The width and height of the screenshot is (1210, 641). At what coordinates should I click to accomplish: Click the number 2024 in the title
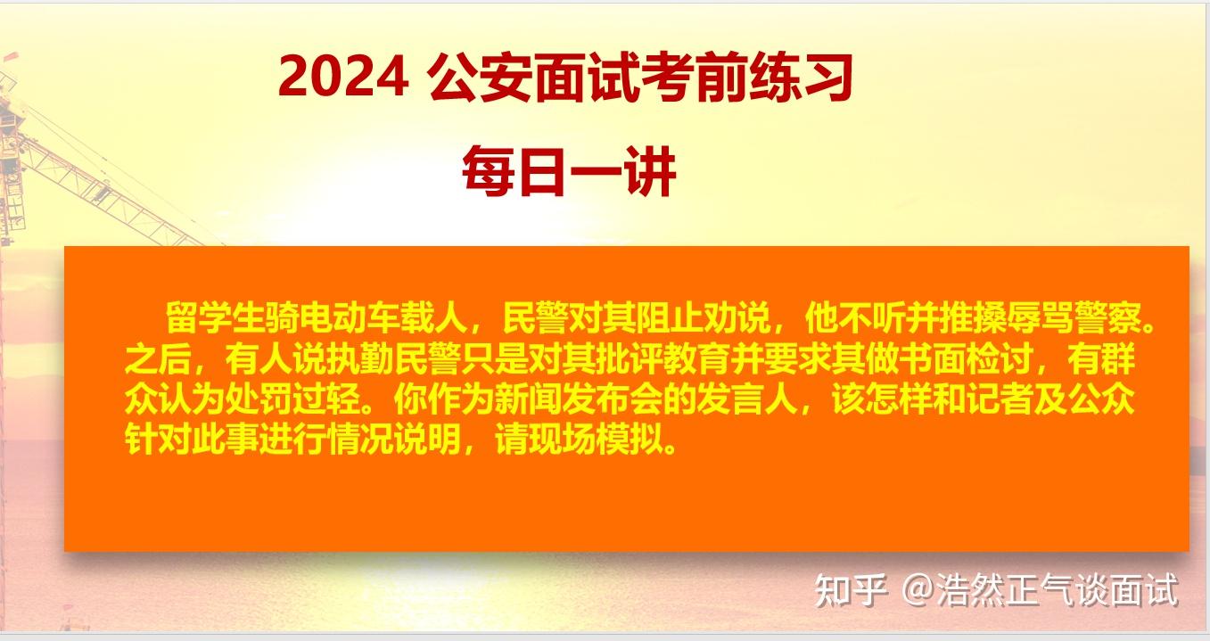pyautogui.click(x=343, y=78)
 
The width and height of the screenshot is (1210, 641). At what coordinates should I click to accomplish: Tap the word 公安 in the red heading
pyautogui.click(x=479, y=78)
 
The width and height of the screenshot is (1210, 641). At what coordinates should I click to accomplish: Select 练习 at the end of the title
pyautogui.click(x=800, y=78)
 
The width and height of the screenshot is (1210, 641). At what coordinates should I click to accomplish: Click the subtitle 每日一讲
pyautogui.click(x=569, y=172)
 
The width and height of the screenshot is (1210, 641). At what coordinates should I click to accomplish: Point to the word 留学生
pyautogui.click(x=215, y=317)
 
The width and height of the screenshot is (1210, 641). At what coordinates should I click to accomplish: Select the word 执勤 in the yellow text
pyautogui.click(x=359, y=359)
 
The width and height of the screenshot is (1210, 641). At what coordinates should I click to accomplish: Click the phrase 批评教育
pyautogui.click(x=663, y=359)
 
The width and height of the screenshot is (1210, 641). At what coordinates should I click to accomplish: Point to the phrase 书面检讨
pyautogui.click(x=966, y=359)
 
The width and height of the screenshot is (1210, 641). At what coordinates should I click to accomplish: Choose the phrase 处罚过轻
pyautogui.click(x=292, y=400)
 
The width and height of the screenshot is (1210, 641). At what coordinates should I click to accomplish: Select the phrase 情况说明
pyautogui.click(x=393, y=441)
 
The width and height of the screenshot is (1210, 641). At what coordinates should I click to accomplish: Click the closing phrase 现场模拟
pyautogui.click(x=595, y=441)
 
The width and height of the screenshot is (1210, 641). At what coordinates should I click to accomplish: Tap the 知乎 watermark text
pyautogui.click(x=851, y=589)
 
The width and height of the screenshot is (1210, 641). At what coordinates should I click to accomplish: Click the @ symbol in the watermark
pyautogui.click(x=918, y=589)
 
